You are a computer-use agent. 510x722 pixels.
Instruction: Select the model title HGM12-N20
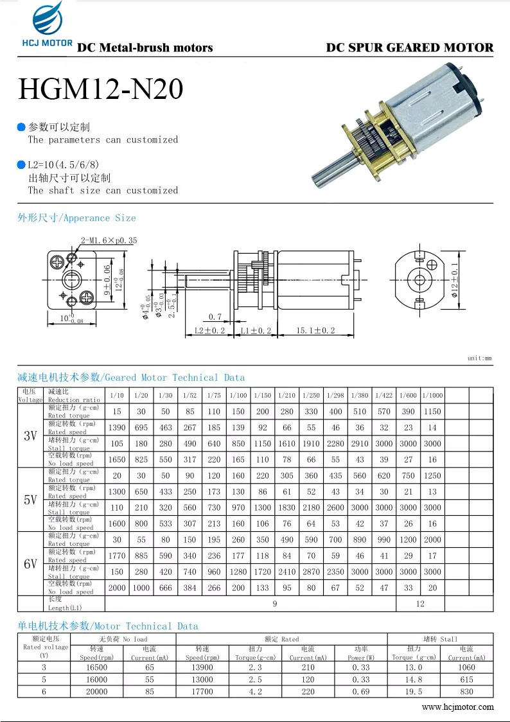101,89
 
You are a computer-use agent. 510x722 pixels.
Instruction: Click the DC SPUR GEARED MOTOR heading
410,48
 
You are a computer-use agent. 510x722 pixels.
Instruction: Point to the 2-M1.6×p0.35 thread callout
109,240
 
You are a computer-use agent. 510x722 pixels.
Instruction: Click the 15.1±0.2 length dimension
315,330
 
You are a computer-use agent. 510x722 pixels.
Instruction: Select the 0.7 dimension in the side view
215,317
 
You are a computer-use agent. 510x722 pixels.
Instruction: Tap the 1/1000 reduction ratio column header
432,395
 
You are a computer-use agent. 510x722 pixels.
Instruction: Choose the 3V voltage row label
30,436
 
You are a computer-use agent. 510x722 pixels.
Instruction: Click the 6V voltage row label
30,564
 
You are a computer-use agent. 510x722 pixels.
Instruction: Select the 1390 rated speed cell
117,427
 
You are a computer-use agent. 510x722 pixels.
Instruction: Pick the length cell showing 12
420,603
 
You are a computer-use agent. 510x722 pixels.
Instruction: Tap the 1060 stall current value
466,667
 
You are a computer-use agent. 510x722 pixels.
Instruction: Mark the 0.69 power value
361,692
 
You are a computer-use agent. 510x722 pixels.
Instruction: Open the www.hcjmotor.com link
457,707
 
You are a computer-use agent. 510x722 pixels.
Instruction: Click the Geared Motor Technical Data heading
131,378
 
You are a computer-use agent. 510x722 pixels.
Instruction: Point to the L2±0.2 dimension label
210,330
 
